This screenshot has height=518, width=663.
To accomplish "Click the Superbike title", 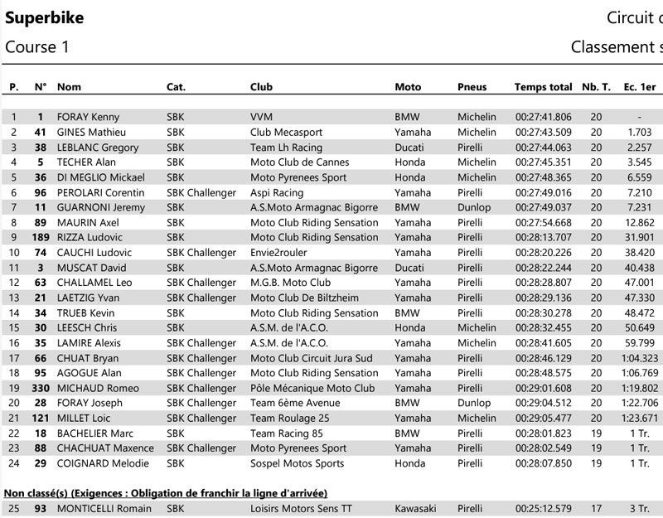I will (x=45, y=18).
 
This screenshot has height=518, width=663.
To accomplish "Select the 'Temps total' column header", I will (x=543, y=87).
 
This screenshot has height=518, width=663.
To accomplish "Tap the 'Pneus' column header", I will (x=472, y=87).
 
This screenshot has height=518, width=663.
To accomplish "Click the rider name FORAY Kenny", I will (x=89, y=117).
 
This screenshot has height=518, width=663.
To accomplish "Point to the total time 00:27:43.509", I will (x=543, y=132).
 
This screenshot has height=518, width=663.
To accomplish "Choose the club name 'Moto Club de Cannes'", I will (x=300, y=162).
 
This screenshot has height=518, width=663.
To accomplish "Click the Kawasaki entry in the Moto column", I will (x=416, y=507).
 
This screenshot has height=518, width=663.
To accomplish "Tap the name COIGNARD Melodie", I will (x=103, y=462).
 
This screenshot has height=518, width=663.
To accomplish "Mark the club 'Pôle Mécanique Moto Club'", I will (x=312, y=388).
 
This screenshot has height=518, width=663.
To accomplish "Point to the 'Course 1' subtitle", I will (x=37, y=47).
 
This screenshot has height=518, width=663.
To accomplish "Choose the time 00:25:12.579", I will (x=543, y=507).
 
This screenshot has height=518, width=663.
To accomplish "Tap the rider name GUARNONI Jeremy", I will (x=100, y=207).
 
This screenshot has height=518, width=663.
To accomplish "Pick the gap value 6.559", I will (x=640, y=177).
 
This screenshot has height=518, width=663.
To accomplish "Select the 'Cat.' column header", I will (x=176, y=87).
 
